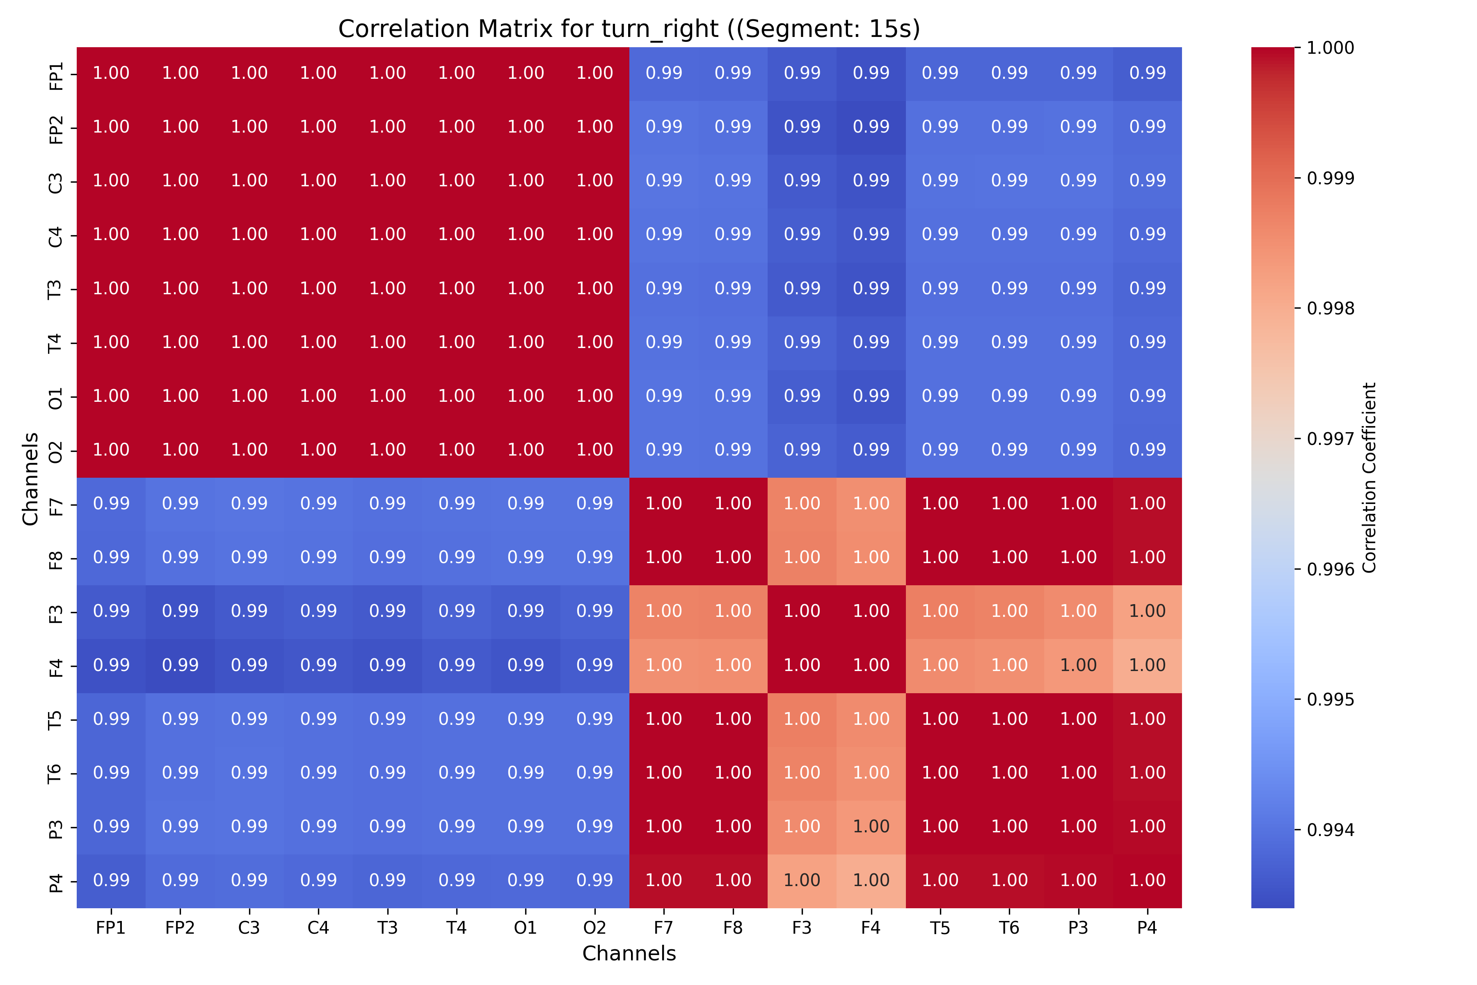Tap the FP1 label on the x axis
tap(111, 928)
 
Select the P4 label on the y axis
tap(56, 881)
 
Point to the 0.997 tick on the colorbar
tap(1330, 438)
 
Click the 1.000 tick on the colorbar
tap(1330, 48)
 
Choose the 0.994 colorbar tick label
tap(1330, 830)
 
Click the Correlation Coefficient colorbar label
tap(1369, 477)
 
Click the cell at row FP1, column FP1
tap(111, 73)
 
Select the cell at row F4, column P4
tap(1147, 665)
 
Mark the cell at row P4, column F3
tap(802, 881)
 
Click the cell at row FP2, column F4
tap(871, 127)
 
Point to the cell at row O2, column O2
tap(594, 450)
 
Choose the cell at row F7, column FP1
tap(111, 504)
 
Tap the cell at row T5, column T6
tap(1009, 719)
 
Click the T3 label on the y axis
tap(56, 289)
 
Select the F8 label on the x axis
tap(733, 928)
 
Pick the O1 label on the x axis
tap(526, 928)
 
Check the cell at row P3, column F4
tap(871, 827)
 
